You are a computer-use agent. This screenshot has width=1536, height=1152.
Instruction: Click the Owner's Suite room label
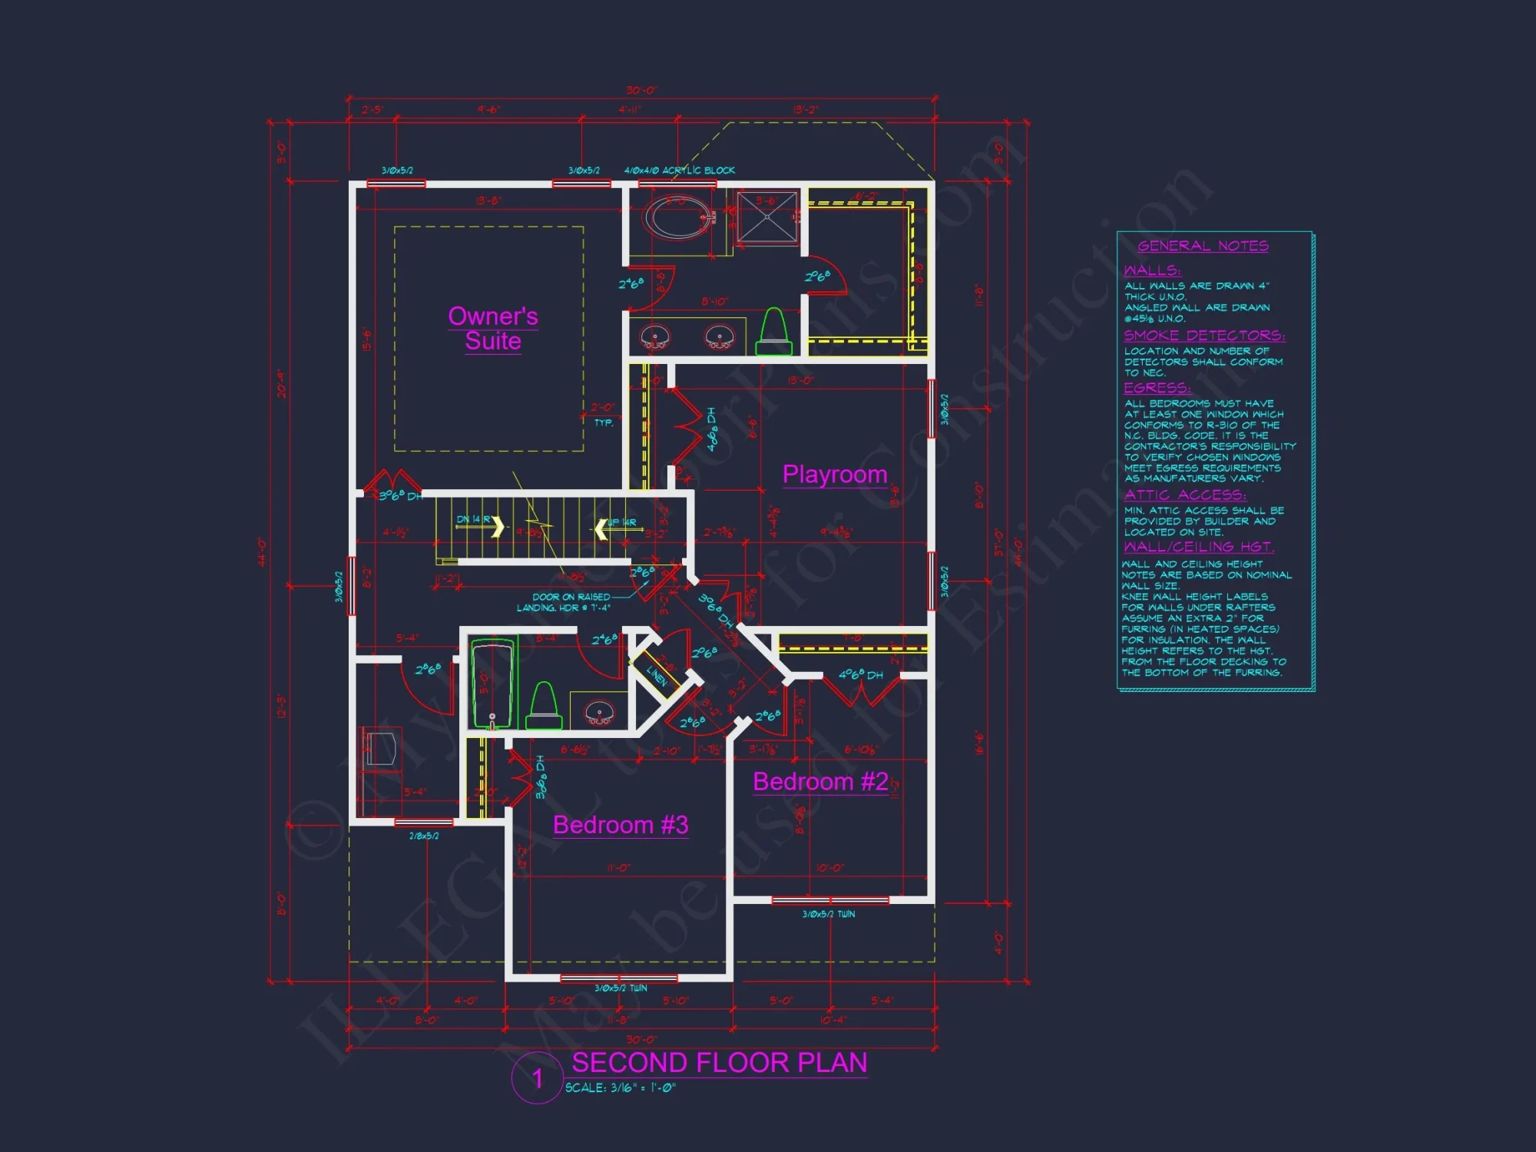pyautogui.click(x=492, y=329)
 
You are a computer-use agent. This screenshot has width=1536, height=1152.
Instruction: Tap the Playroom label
pyautogui.click(x=834, y=475)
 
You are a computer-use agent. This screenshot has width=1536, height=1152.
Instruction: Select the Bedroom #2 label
pyautogui.click(x=819, y=782)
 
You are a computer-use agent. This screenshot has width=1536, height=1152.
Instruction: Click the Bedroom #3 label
pyautogui.click(x=620, y=825)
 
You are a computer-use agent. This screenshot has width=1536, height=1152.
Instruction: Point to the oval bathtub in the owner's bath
pyautogui.click(x=680, y=217)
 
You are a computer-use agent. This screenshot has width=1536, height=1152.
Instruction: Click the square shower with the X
pyautogui.click(x=767, y=217)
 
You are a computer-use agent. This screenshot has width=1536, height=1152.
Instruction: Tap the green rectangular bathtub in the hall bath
pyautogui.click(x=492, y=684)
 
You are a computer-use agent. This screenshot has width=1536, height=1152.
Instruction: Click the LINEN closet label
pyautogui.click(x=657, y=675)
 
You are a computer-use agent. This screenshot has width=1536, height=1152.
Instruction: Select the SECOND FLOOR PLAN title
pyautogui.click(x=719, y=1063)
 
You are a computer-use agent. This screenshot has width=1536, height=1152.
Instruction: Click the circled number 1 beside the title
pyautogui.click(x=537, y=1078)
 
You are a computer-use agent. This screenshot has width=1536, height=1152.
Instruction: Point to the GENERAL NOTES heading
pyautogui.click(x=1203, y=246)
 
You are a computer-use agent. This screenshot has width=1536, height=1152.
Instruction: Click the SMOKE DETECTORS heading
pyautogui.click(x=1203, y=336)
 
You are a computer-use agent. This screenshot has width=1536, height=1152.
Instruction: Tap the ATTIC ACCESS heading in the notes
pyautogui.click(x=1184, y=495)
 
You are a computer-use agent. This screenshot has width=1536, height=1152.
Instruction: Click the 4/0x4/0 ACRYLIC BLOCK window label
pyautogui.click(x=679, y=170)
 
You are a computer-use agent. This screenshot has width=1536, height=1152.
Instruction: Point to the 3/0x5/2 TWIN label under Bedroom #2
pyautogui.click(x=828, y=914)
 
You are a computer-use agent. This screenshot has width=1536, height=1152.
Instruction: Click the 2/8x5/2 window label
pyautogui.click(x=424, y=836)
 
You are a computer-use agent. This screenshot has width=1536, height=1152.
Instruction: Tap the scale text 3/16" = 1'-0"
pyautogui.click(x=621, y=1087)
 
